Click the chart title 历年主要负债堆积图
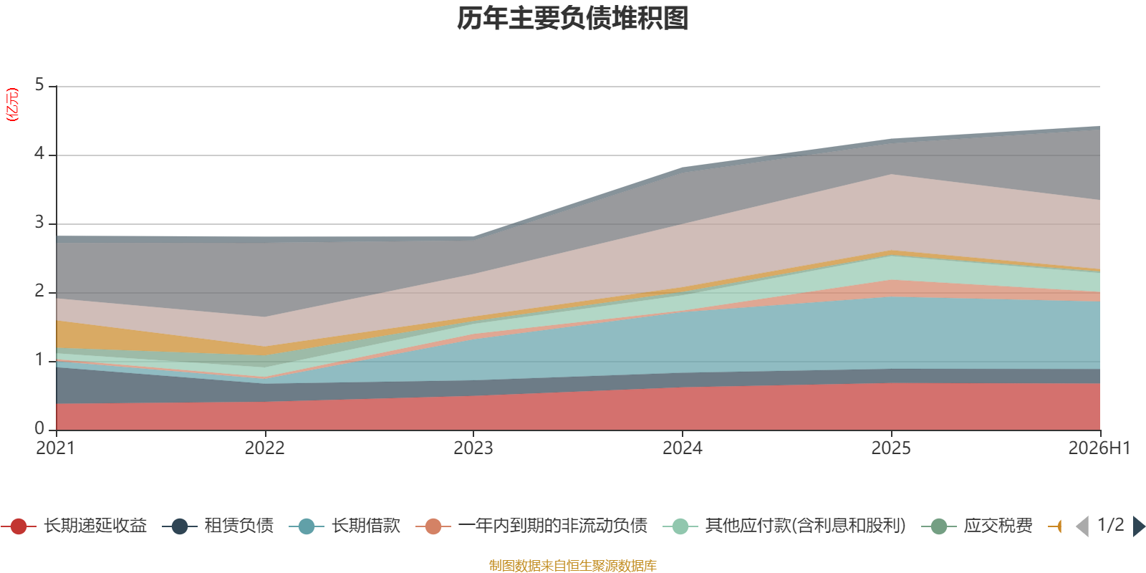click(572, 19)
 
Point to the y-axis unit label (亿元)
click(12, 105)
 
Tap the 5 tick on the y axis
click(39, 85)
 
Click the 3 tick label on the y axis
click(39, 223)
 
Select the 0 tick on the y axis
click(39, 429)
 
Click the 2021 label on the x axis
click(55, 448)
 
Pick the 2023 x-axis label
click(473, 448)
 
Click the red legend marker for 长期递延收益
click(19, 526)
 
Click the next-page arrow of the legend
click(1139, 526)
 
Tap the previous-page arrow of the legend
click(1082, 526)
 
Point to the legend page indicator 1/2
click(1111, 525)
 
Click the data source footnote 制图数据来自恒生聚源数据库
click(572, 565)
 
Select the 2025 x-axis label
click(891, 448)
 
